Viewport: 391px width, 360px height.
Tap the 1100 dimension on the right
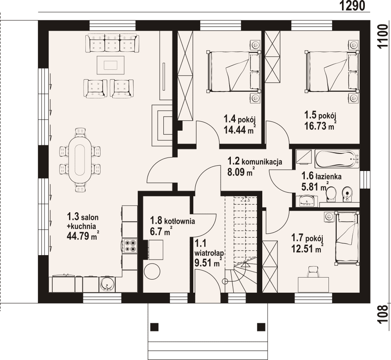pyautogui.click(x=384, y=37)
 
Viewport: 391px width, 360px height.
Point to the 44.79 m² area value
pyautogui.click(x=82, y=235)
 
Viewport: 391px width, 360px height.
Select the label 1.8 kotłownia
pyautogui.click(x=172, y=221)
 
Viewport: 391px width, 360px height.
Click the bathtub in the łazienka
pyautogui.click(x=337, y=158)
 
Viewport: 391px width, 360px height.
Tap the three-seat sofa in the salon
pyautogui.click(x=112, y=43)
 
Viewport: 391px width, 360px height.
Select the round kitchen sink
pyautogui.click(x=107, y=284)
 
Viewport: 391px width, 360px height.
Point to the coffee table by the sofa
pyautogui.click(x=110, y=65)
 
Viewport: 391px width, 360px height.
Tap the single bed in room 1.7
pyautogui.click(x=347, y=238)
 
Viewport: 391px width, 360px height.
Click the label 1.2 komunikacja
pyautogui.click(x=255, y=161)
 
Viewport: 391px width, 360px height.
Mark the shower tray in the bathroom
pyautogui.click(x=304, y=156)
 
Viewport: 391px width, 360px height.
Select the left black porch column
pyautogui.click(x=154, y=327)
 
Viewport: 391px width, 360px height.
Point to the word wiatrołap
pyautogui.click(x=209, y=253)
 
